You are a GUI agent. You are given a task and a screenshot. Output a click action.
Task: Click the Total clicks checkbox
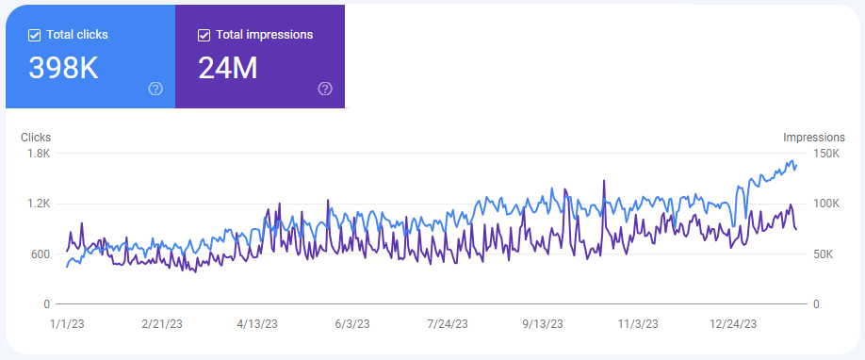coord(35,35)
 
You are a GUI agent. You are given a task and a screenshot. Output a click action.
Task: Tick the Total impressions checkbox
coord(204,35)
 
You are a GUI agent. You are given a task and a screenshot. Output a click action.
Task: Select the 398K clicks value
coord(64,68)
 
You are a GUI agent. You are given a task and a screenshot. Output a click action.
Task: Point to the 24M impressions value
coord(227,68)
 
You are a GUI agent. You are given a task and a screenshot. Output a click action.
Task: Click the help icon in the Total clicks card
coord(155,89)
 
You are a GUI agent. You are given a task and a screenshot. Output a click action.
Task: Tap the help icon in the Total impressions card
coord(325,89)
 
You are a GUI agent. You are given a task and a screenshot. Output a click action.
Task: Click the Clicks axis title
coord(36,138)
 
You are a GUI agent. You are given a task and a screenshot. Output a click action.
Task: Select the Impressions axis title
coord(815,138)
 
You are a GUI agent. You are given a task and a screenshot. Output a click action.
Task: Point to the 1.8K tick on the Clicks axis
coord(39,153)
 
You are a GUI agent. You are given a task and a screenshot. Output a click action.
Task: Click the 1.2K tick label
coord(39,204)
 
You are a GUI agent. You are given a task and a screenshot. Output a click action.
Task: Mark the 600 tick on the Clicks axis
coord(40,254)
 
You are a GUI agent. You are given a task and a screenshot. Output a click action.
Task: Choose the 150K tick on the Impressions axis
coord(811,153)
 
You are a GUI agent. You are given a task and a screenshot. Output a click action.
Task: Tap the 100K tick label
coord(811,204)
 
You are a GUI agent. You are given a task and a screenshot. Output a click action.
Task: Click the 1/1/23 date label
coord(67,323)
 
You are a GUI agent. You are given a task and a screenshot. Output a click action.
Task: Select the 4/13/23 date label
coord(256,323)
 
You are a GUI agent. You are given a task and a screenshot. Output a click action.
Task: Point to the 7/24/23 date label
coord(447,323)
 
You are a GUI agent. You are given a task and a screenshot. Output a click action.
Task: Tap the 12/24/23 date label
coord(732,323)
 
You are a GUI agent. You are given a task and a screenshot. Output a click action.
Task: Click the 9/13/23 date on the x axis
coord(542,323)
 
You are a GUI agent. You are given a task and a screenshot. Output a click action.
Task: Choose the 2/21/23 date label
coord(162,323)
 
